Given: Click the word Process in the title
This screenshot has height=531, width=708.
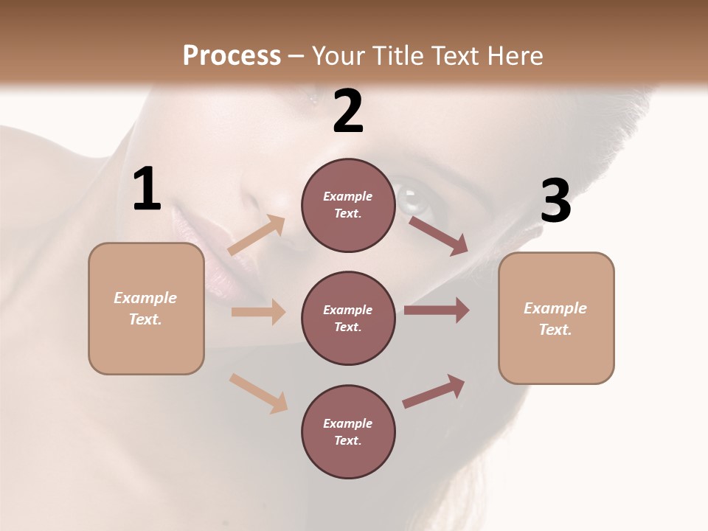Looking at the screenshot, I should point(232,56).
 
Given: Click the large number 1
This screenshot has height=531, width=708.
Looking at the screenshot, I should point(147,190).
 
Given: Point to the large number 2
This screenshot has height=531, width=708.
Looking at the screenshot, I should point(348,111).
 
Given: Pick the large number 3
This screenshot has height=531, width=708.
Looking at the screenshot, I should point(555,201).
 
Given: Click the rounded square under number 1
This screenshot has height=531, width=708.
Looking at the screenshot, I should point(146,308).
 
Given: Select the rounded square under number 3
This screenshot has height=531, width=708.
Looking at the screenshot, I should point(556,319).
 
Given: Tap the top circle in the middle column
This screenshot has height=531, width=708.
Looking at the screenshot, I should point(348,205).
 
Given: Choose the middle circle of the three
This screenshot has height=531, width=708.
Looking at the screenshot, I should point(348,318).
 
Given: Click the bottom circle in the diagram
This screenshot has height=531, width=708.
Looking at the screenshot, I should point(348,431).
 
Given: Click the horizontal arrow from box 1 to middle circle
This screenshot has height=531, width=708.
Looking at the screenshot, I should point(258,312).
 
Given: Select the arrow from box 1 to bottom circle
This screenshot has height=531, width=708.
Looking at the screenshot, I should point(259,393).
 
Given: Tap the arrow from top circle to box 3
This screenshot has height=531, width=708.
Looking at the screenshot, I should point(438,235).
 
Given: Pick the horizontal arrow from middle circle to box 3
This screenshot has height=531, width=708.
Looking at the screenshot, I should point(437,310).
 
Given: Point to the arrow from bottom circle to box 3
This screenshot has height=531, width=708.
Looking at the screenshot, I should point(434,391).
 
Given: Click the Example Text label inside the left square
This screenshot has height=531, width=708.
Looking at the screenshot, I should point(145,308).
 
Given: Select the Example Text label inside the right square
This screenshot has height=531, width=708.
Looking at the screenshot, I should point(555,319).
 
